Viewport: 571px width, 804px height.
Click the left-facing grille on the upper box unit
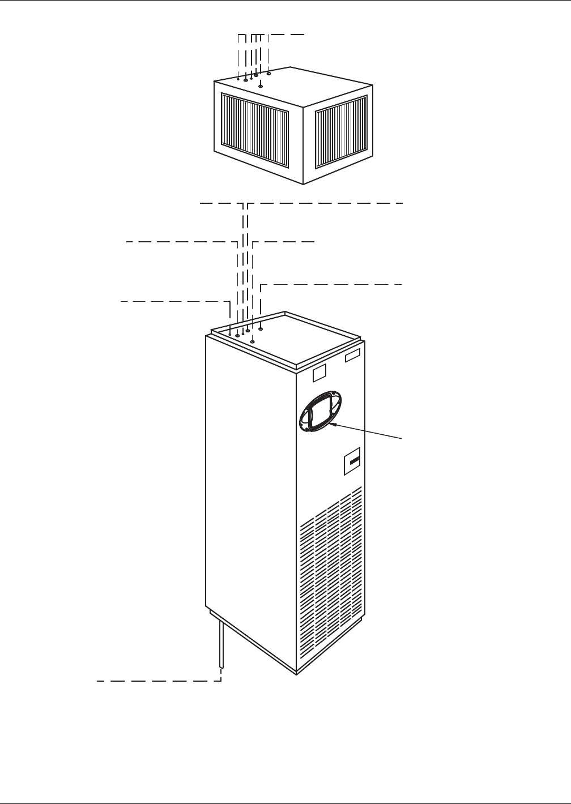coord(254,132)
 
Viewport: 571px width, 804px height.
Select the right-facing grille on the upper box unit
coord(341,131)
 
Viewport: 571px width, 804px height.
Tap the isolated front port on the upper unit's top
coord(261,86)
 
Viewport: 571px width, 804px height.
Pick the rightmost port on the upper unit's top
coord(269,74)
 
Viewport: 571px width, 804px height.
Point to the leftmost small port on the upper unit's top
coord(238,79)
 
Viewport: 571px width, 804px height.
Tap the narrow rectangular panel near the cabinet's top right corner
coord(352,357)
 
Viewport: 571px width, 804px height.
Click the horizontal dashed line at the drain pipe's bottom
coord(159,681)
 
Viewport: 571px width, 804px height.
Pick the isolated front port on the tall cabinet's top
coord(253,341)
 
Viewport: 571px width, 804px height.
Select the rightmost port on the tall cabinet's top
coord(261,328)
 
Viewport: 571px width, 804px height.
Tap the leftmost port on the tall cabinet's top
coord(230,334)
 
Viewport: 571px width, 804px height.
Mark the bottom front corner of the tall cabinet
coord(296,674)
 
